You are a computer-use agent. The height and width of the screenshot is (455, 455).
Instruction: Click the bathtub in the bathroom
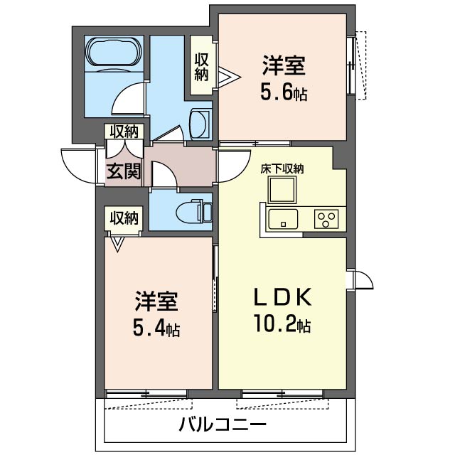coord(114,54)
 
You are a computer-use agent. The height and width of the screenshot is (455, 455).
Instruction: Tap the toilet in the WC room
coord(194,211)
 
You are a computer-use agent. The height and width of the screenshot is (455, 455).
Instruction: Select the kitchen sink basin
coord(283,219)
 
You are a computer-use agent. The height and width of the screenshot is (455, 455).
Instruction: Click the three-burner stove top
coord(326,219)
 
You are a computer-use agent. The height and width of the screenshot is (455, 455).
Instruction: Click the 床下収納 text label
coord(282,169)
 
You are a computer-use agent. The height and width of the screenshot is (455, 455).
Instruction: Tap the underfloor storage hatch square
coord(282,190)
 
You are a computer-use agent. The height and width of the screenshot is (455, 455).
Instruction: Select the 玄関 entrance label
coord(123,171)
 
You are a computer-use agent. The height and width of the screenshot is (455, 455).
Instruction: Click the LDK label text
coord(283,296)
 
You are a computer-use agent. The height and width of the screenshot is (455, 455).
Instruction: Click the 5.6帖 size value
coord(284,92)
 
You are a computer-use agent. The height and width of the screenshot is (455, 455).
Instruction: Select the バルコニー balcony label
coord(223,425)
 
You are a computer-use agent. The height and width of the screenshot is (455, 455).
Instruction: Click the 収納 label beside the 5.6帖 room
coord(201,67)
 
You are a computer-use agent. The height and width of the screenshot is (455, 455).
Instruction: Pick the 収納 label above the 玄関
coord(124,132)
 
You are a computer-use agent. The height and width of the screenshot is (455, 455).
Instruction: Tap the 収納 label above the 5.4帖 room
coord(124,218)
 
